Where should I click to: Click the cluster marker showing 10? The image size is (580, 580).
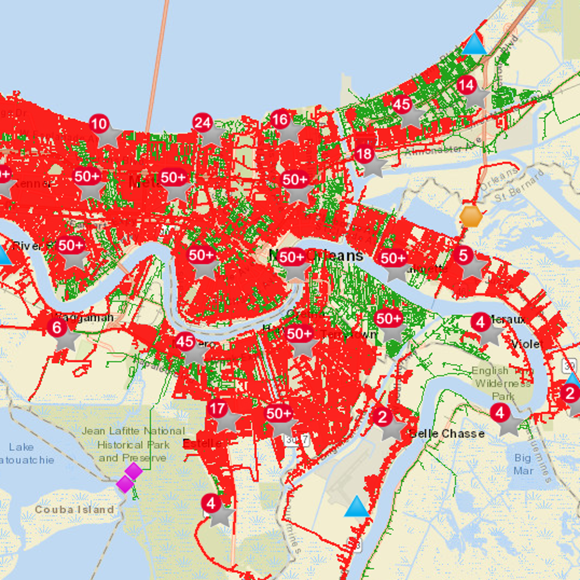99,124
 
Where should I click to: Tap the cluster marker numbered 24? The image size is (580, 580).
203,123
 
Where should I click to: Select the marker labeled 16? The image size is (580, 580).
280,119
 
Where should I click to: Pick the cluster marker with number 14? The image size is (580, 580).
466,86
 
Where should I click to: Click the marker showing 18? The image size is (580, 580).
364,155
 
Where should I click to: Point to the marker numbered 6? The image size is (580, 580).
57,328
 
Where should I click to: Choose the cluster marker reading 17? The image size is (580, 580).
217,409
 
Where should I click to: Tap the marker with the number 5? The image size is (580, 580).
464,255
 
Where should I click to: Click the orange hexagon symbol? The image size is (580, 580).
471,216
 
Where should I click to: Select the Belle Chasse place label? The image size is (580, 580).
447,434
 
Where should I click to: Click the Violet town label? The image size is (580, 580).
527,344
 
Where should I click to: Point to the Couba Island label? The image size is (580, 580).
74,509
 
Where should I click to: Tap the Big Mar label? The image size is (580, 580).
523,464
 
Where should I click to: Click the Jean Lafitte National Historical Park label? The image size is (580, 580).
133,444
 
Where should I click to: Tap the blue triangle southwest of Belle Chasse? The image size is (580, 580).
357,506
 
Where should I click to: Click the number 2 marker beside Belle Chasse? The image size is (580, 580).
383,417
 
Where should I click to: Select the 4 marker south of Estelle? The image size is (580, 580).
211,504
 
